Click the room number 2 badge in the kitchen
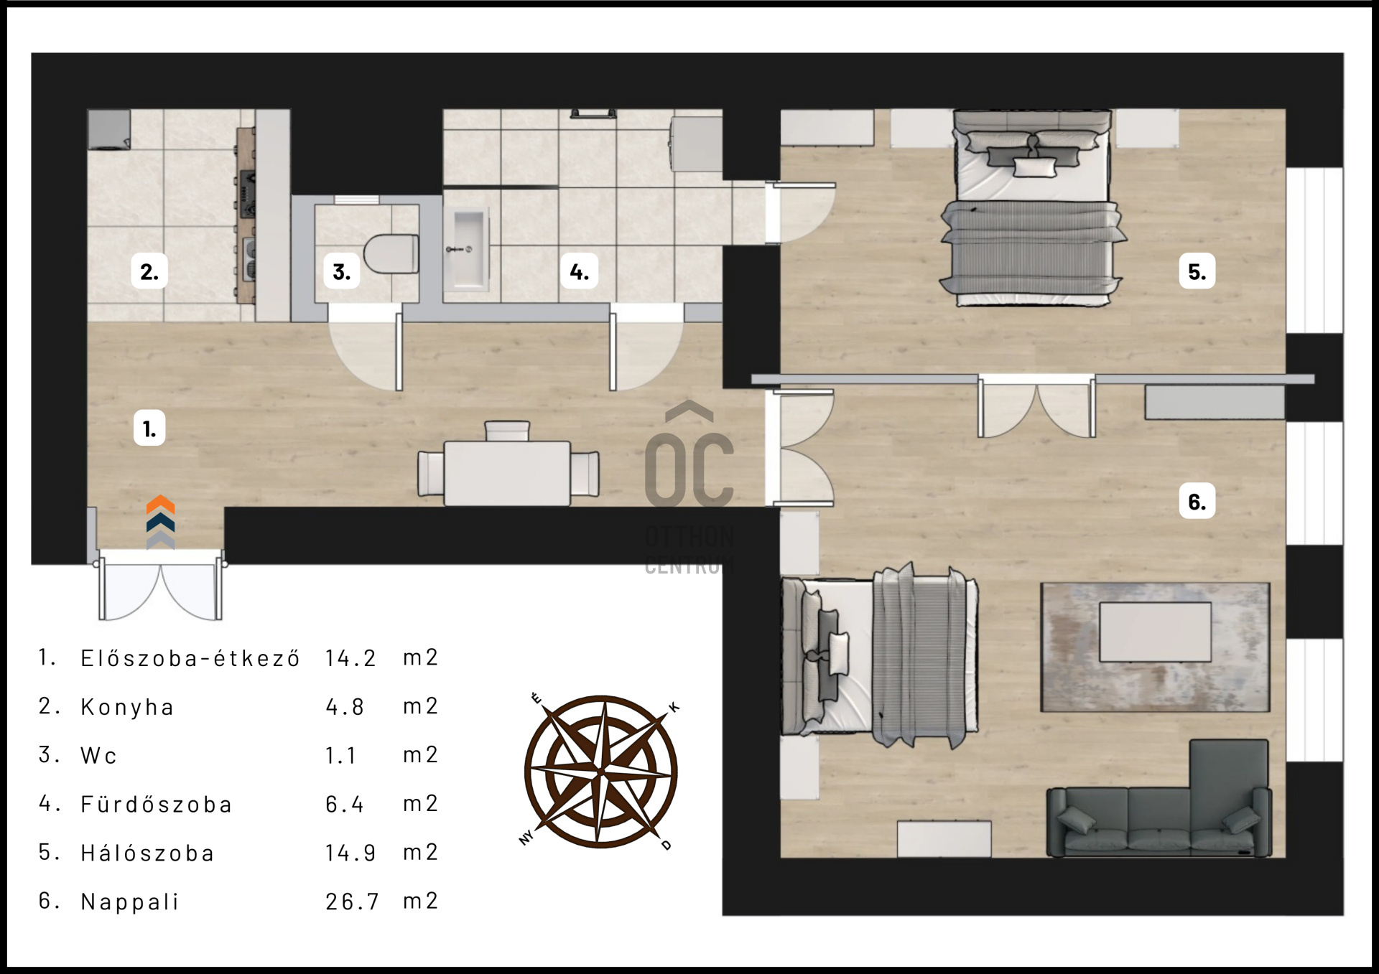coord(149,271)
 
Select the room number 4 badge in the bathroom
coord(579,271)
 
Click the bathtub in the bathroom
coord(467,249)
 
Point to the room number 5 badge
coord(1197,271)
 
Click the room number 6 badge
coord(1197,500)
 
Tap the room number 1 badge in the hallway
coord(149,428)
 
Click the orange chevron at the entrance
coord(160,505)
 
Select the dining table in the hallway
coord(507,473)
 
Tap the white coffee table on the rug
coord(1155,632)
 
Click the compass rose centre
coord(601,772)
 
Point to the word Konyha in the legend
coord(127,707)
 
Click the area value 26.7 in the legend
coord(352,902)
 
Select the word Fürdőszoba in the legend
coord(157,804)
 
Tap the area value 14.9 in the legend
coord(350,853)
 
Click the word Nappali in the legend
coord(129,902)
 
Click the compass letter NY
coord(526,838)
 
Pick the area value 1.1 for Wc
coord(340,755)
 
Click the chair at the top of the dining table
coord(507,431)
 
